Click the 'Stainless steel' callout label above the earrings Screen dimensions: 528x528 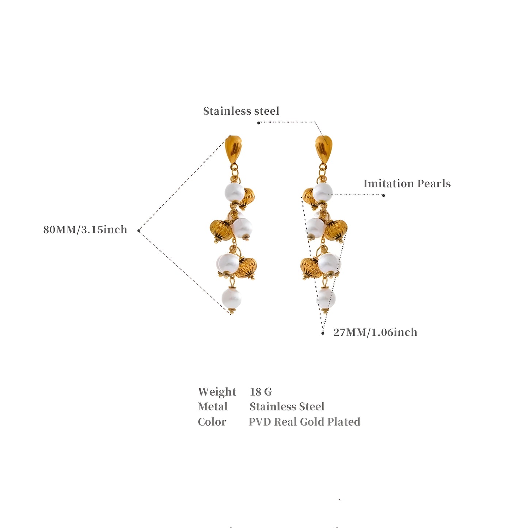241,111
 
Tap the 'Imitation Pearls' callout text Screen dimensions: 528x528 407,184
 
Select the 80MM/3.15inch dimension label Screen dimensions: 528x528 85,230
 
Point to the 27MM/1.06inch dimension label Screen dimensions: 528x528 375,332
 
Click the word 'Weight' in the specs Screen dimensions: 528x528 217,392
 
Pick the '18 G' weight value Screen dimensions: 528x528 261,392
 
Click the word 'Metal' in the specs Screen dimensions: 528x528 213,407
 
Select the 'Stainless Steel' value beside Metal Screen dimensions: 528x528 287,407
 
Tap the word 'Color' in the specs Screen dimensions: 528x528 212,422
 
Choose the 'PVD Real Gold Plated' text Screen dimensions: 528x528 304,422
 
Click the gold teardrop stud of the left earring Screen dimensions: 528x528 233,149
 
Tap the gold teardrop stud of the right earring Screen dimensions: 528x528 324,149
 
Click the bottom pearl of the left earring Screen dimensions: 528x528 232,298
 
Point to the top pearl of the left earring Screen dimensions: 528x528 235,192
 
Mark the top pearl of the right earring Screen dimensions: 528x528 323,192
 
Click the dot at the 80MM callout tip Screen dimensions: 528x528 139,231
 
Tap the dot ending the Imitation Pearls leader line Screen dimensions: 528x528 383,195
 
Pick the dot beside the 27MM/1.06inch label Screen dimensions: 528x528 323,333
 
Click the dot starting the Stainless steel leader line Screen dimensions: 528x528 258,123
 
